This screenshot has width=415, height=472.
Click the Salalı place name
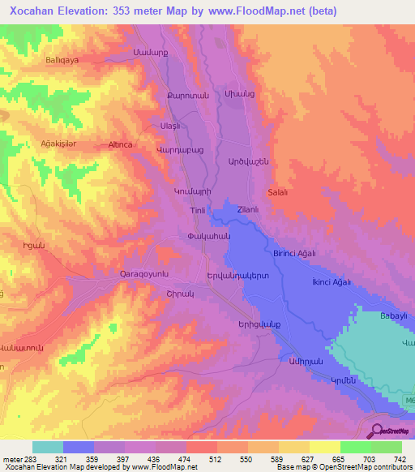[x=278, y=192]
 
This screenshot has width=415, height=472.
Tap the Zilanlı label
[x=248, y=209]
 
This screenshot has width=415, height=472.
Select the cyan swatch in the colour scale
[x=47, y=447]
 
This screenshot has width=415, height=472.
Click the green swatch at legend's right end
[x=387, y=447]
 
